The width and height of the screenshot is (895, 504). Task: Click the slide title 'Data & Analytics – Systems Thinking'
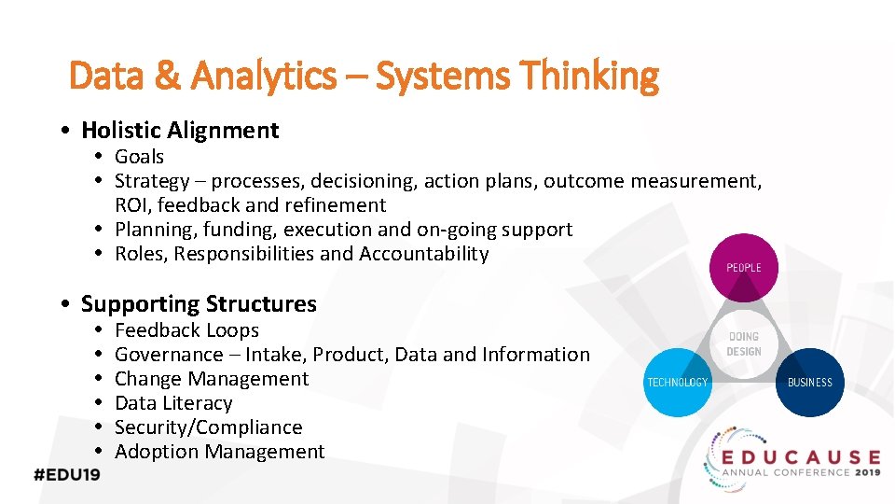pos(364,76)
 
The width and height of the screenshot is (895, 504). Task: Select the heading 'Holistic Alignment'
pos(180,130)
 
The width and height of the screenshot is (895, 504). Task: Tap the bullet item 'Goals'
pos(139,157)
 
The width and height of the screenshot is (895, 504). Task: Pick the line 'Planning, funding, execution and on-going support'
pos(343,230)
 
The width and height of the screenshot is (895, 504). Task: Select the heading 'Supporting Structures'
pos(199,304)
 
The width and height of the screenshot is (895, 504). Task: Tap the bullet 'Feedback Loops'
pos(186,330)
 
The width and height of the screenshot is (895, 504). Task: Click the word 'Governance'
pos(169,355)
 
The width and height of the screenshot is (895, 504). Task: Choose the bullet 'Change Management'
pos(211,379)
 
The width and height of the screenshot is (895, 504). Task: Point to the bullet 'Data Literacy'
pos(173,403)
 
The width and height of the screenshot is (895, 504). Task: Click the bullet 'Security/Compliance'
pos(208,427)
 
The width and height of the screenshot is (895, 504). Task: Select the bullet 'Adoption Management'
pos(219,452)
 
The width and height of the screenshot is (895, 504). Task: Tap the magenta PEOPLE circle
pos(744,267)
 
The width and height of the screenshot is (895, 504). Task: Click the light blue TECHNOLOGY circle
pos(678,382)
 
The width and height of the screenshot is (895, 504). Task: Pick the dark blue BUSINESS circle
pos(810,382)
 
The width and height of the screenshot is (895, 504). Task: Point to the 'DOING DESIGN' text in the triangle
pos(744,343)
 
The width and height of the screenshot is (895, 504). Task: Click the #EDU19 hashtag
pos(67,473)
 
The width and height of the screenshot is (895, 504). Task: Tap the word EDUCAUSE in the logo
pos(799,457)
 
